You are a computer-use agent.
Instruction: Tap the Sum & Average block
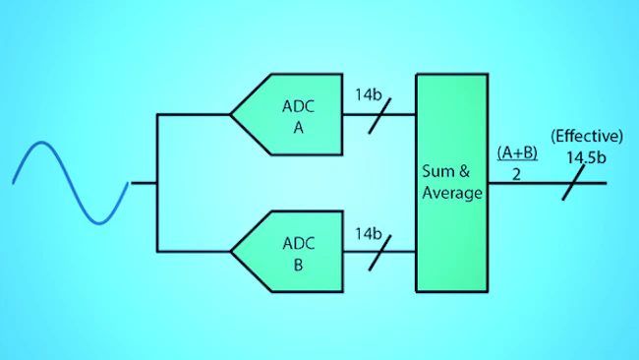point(452,183)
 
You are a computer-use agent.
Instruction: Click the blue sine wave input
point(71,183)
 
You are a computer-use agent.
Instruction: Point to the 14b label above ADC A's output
point(369,94)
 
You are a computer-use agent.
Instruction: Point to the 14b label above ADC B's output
point(369,234)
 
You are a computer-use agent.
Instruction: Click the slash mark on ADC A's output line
point(379,116)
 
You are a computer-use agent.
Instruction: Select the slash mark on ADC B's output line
point(379,253)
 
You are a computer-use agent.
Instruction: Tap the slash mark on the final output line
point(573,183)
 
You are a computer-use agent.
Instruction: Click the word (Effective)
point(587,136)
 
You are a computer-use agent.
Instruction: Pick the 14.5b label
point(586,157)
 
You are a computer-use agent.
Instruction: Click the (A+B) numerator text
point(517,152)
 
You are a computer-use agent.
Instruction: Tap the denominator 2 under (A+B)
point(516,174)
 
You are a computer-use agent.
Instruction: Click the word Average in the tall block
point(452,193)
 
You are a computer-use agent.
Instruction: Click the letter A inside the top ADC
point(298,128)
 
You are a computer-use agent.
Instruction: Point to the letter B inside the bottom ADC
point(298,265)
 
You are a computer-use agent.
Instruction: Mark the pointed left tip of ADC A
point(230,114)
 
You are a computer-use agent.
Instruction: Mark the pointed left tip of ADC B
point(230,252)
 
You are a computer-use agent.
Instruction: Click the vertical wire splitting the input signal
point(157,183)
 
